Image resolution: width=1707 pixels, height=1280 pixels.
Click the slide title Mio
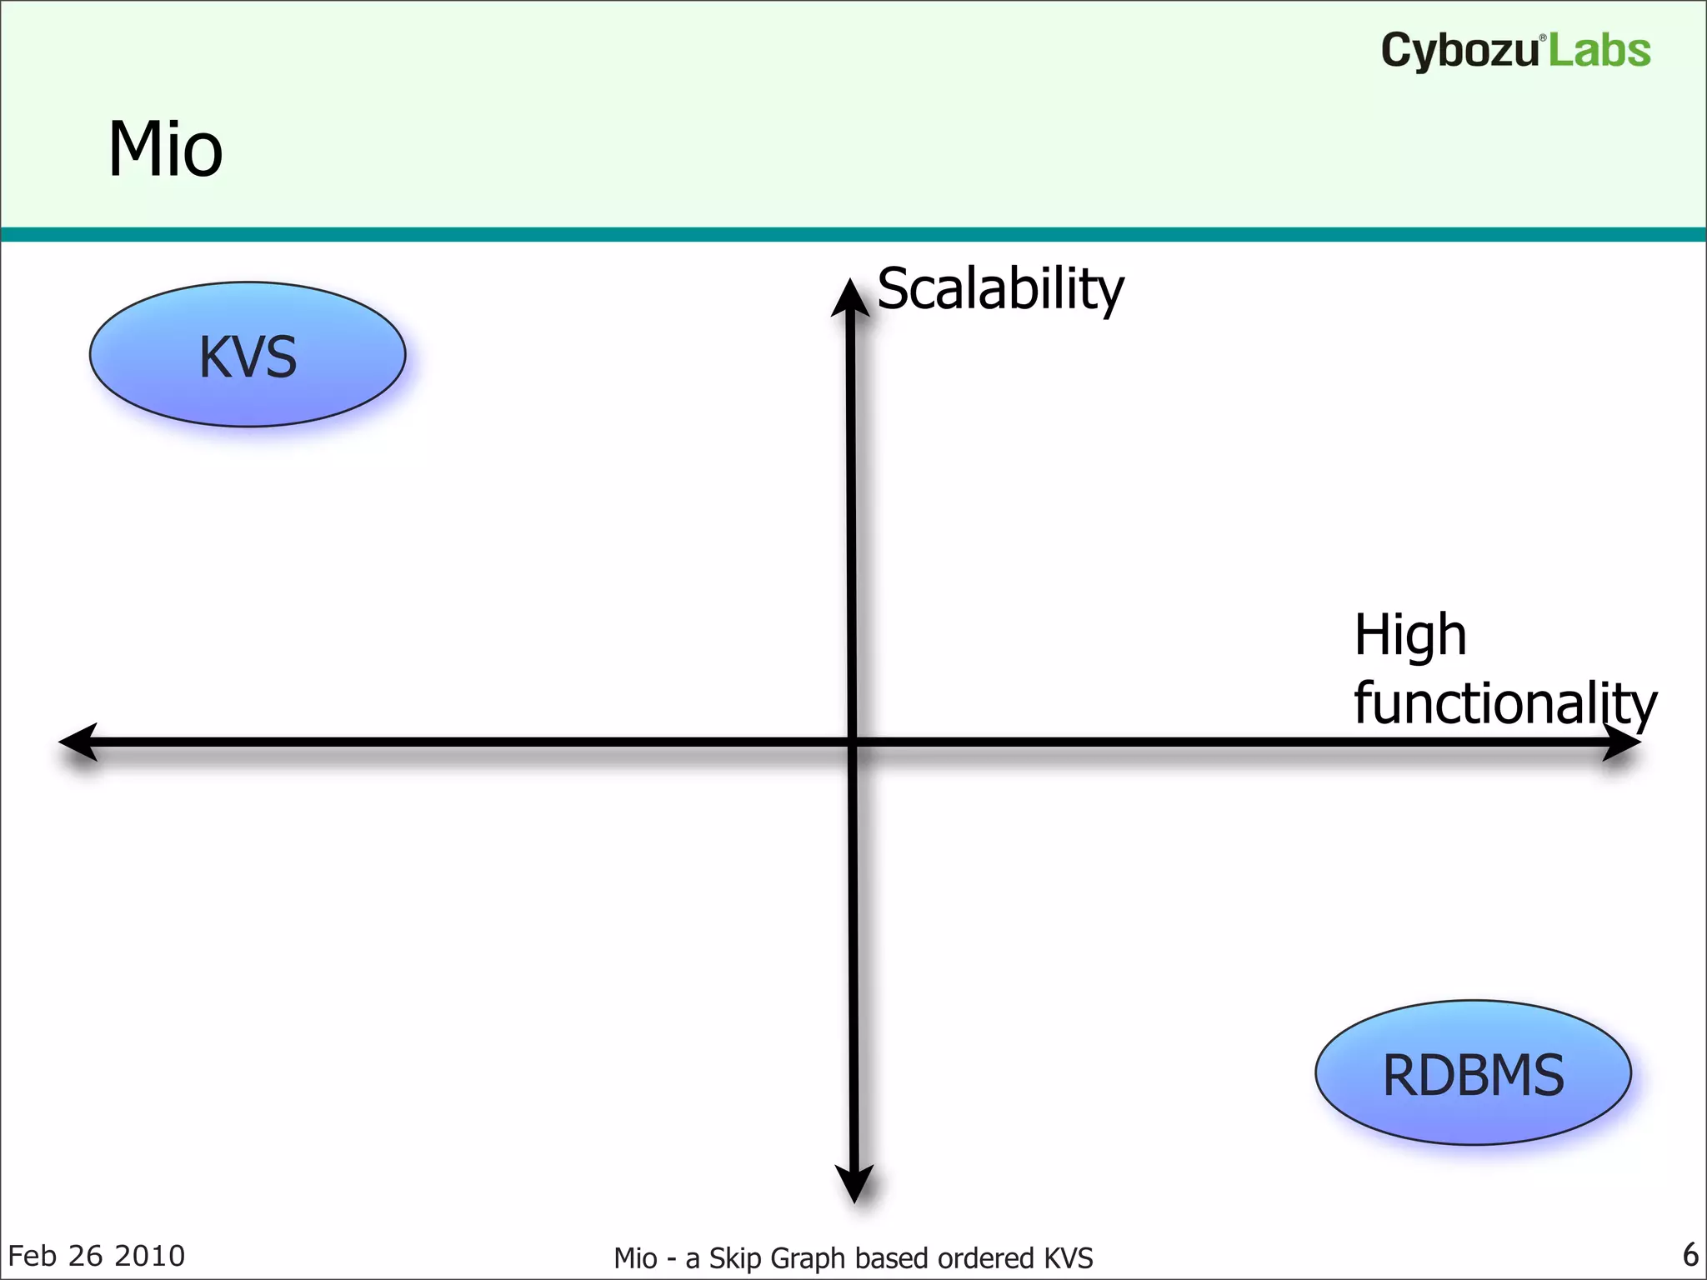point(165,150)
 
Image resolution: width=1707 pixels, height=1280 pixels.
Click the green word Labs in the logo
point(1600,50)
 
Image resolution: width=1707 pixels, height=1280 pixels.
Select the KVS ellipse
point(248,355)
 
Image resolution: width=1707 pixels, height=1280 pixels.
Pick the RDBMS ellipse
point(1473,1073)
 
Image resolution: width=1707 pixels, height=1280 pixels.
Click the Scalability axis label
point(1000,288)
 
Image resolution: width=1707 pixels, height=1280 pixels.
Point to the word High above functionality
point(1409,635)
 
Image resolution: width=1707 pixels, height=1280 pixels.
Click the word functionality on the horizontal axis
point(1504,704)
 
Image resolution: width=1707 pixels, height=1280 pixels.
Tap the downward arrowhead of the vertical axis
point(854,1183)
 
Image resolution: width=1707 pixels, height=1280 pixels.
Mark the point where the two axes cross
point(852,742)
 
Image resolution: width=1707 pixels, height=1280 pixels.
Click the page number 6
point(1690,1254)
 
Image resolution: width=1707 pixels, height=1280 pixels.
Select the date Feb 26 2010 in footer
point(96,1256)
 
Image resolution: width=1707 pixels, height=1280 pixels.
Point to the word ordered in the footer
point(986,1258)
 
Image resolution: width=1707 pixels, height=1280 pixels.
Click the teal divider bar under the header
point(853,234)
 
